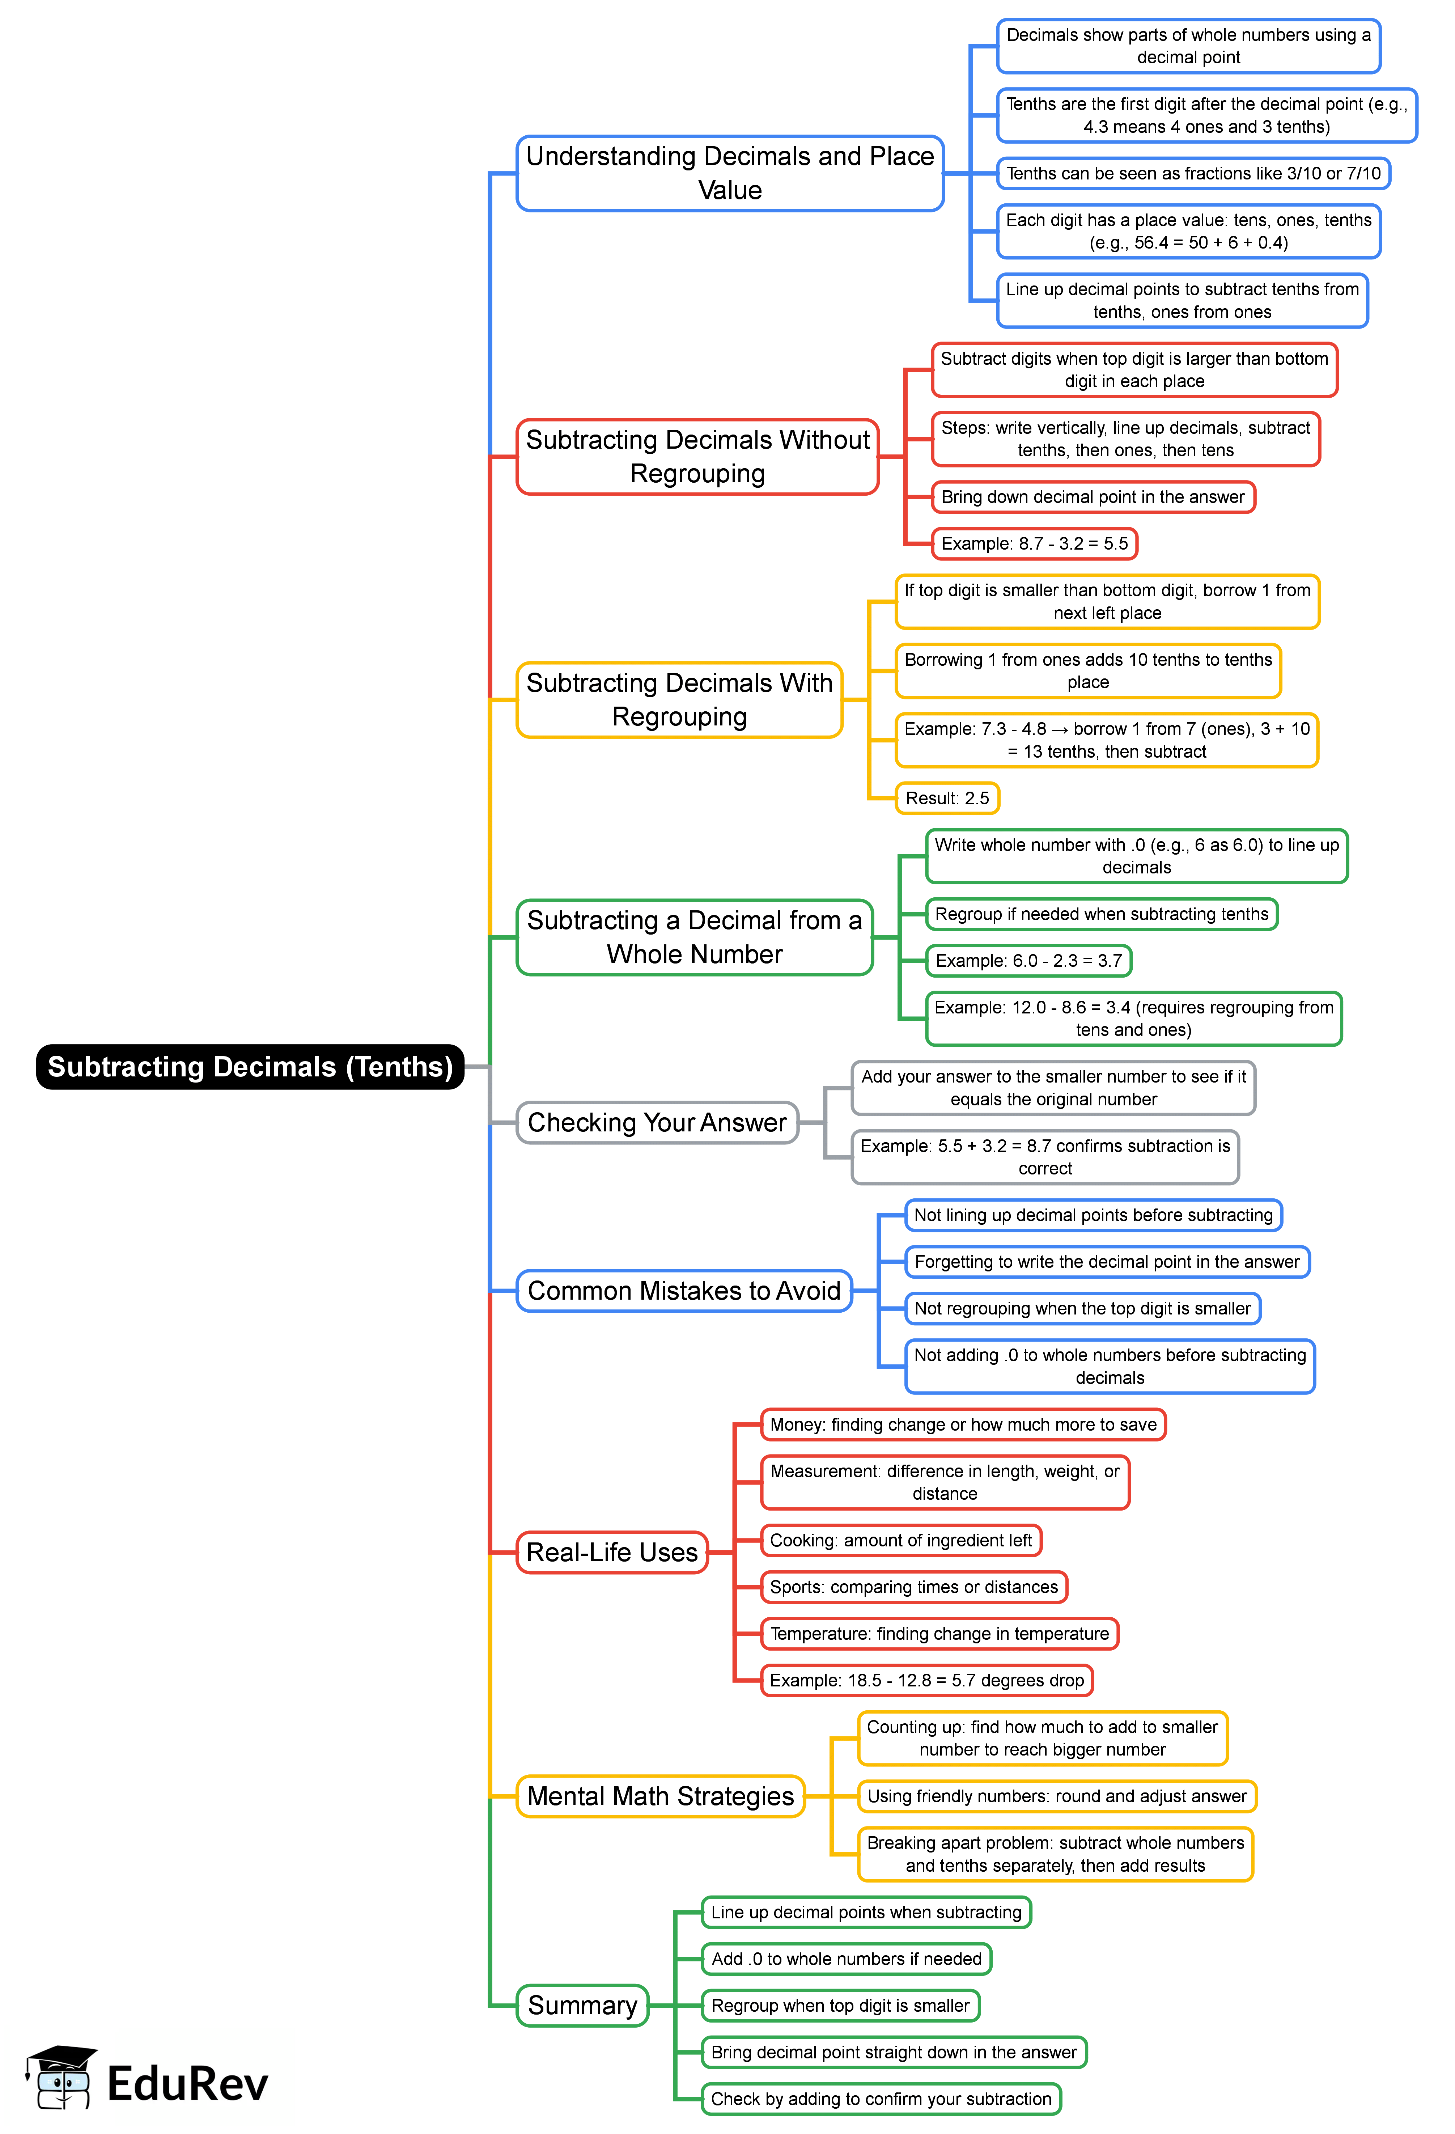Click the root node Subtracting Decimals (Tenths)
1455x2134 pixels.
[x=250, y=1067]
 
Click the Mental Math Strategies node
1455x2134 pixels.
[x=660, y=1796]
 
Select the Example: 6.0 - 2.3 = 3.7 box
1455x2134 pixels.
[x=1028, y=961]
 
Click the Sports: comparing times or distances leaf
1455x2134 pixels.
[x=913, y=1587]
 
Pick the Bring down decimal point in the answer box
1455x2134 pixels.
[x=1093, y=497]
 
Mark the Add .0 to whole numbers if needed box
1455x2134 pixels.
[x=845, y=1959]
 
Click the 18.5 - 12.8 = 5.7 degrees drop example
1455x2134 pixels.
[x=926, y=1680]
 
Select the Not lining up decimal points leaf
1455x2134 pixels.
[x=1093, y=1215]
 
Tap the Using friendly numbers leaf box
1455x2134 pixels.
[x=1057, y=1796]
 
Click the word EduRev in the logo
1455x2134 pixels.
[x=187, y=2083]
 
